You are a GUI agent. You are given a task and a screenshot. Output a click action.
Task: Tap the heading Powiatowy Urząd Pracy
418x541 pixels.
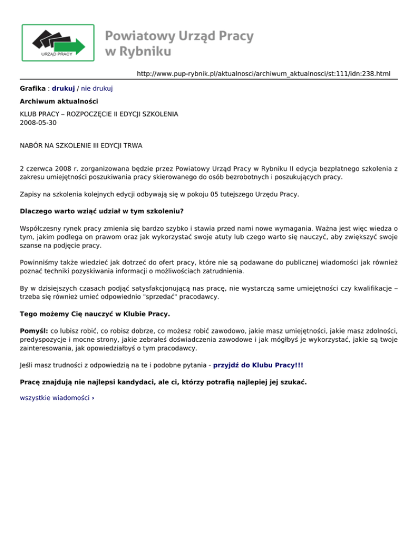(179, 36)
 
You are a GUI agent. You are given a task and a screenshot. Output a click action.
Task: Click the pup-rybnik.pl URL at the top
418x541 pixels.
(263, 73)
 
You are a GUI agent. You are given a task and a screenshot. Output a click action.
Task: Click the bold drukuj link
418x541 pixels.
(63, 88)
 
